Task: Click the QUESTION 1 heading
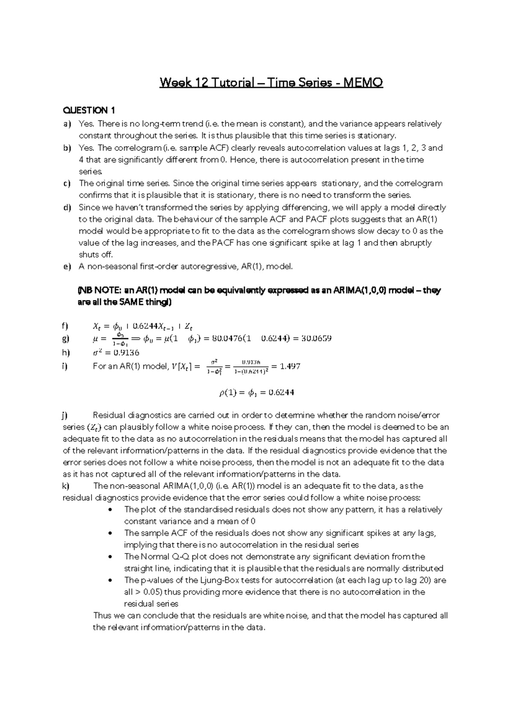pos(89,111)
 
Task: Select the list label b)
pos(67,148)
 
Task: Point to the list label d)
pos(67,208)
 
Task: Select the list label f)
pos(65,326)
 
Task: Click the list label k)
pos(65,486)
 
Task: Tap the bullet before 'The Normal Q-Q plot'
pos(111,557)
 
